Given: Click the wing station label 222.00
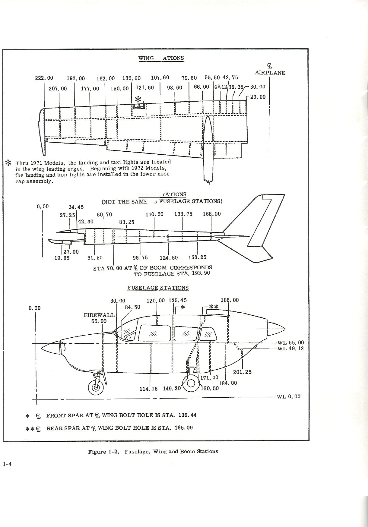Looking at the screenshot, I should click(x=44, y=78).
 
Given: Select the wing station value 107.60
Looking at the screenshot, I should click(x=160, y=78).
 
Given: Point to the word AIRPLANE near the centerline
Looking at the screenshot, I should click(x=270, y=73).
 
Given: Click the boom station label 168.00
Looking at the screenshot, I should click(x=212, y=214).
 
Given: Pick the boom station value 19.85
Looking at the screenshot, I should click(x=62, y=258).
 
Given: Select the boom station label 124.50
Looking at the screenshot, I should click(x=169, y=258).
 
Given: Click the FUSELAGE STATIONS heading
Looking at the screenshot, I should click(x=158, y=288).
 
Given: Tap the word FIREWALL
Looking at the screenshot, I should click(x=99, y=315).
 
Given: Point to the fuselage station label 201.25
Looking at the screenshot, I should click(x=242, y=372).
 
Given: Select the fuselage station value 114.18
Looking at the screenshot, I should click(x=148, y=389).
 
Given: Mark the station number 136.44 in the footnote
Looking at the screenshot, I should click(x=187, y=415).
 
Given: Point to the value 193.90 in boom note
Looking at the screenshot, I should click(x=200, y=273).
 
